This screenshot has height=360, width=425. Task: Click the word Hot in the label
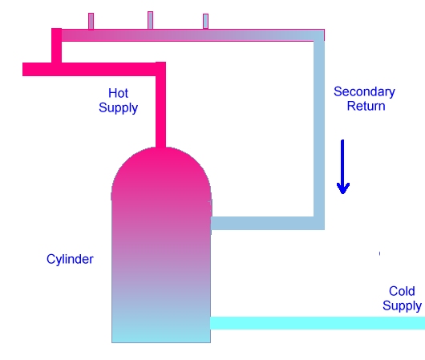[118, 93]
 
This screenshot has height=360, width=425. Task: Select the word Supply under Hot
[118, 108]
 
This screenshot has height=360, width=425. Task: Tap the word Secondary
[364, 92]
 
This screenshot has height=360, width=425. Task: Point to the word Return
[366, 106]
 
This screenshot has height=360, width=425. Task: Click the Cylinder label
[70, 260]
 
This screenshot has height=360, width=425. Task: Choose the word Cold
[402, 291]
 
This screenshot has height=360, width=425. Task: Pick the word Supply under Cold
[402, 306]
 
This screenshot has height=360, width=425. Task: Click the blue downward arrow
[343, 167]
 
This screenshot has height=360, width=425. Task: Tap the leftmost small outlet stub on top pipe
[91, 21]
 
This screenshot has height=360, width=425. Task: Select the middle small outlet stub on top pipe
[150, 20]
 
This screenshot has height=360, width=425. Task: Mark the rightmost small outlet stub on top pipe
[206, 21]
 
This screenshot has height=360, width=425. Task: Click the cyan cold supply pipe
[318, 323]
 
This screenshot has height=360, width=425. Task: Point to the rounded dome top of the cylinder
[161, 173]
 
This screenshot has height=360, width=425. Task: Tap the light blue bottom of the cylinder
[161, 330]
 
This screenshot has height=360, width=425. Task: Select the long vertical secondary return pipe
[319, 130]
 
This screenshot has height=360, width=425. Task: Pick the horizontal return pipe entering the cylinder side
[262, 224]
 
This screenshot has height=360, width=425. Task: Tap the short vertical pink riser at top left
[56, 45]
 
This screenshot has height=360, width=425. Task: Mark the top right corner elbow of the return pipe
[319, 35]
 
